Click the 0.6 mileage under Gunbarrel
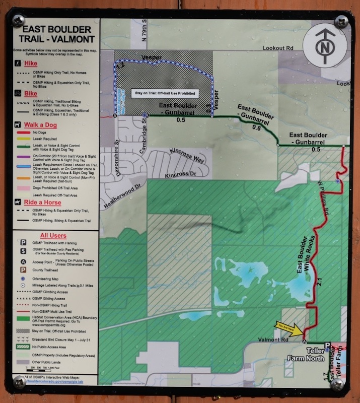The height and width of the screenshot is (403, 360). point(256,128)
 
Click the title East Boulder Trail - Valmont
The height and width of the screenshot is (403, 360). point(53,34)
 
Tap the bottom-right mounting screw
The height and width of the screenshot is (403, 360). point(337,384)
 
